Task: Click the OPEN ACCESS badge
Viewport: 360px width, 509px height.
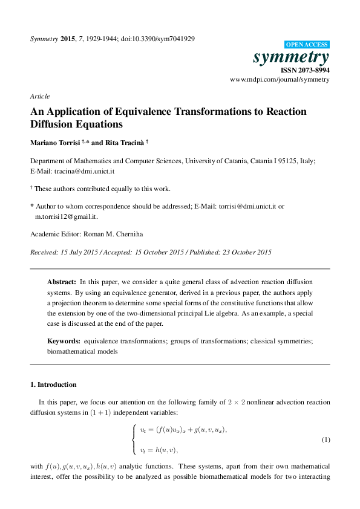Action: coord(306,45)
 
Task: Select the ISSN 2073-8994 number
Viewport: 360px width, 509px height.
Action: coord(304,71)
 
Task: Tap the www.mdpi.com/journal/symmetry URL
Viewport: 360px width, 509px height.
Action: coord(280,80)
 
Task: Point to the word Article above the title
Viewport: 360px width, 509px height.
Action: coord(39,96)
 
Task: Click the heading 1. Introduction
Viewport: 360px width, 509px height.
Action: coord(53,384)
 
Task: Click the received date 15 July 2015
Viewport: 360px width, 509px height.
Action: coord(80,251)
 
